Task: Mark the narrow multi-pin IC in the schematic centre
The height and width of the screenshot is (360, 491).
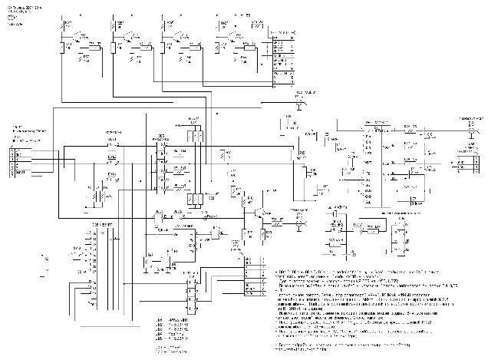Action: pos(162,165)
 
